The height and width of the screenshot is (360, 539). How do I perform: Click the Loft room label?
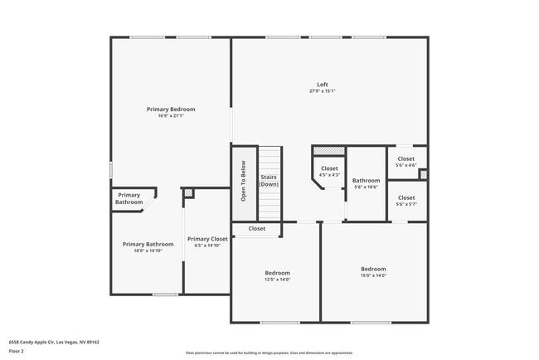pos(323,84)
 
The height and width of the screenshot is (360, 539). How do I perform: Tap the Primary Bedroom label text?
pos(171,109)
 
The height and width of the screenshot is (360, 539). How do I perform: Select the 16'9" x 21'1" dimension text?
pos(171,116)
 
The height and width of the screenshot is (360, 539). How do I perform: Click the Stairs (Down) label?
pos(269,181)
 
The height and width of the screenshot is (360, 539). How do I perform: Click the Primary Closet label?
pos(207,239)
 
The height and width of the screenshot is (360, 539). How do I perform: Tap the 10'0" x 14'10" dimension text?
pos(148,251)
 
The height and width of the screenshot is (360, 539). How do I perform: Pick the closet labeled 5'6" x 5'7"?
pos(406,201)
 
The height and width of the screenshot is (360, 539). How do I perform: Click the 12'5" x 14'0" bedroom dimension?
pos(277,280)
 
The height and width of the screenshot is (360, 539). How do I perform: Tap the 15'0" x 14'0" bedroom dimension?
pos(373,275)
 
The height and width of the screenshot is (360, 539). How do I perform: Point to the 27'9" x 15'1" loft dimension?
pos(323,91)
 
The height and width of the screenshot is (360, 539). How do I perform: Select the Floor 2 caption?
pos(16,351)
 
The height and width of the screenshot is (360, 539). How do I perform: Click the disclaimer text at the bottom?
pos(269,353)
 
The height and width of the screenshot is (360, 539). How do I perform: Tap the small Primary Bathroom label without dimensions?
pos(129,199)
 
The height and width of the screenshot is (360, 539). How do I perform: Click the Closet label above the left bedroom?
pos(257,228)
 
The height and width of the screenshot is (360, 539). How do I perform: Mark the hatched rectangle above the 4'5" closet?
pos(328,151)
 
